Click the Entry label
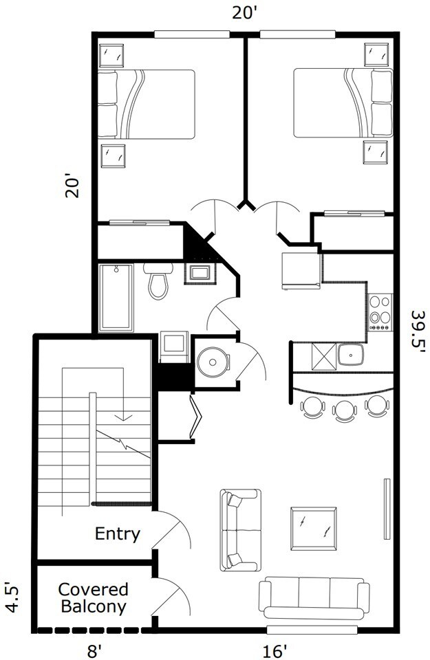tap(118, 533)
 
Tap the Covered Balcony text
tap(94, 598)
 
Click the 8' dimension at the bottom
tap(94, 648)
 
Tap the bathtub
tap(118, 297)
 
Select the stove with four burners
tap(380, 313)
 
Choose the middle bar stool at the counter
tap(343, 409)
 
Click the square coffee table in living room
tap(314, 529)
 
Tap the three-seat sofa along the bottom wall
tap(312, 597)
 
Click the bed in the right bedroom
tap(343, 103)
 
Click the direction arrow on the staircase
tap(123, 415)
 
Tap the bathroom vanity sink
tap(202, 273)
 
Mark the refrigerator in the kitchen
tap(301, 269)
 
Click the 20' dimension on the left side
tap(74, 184)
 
